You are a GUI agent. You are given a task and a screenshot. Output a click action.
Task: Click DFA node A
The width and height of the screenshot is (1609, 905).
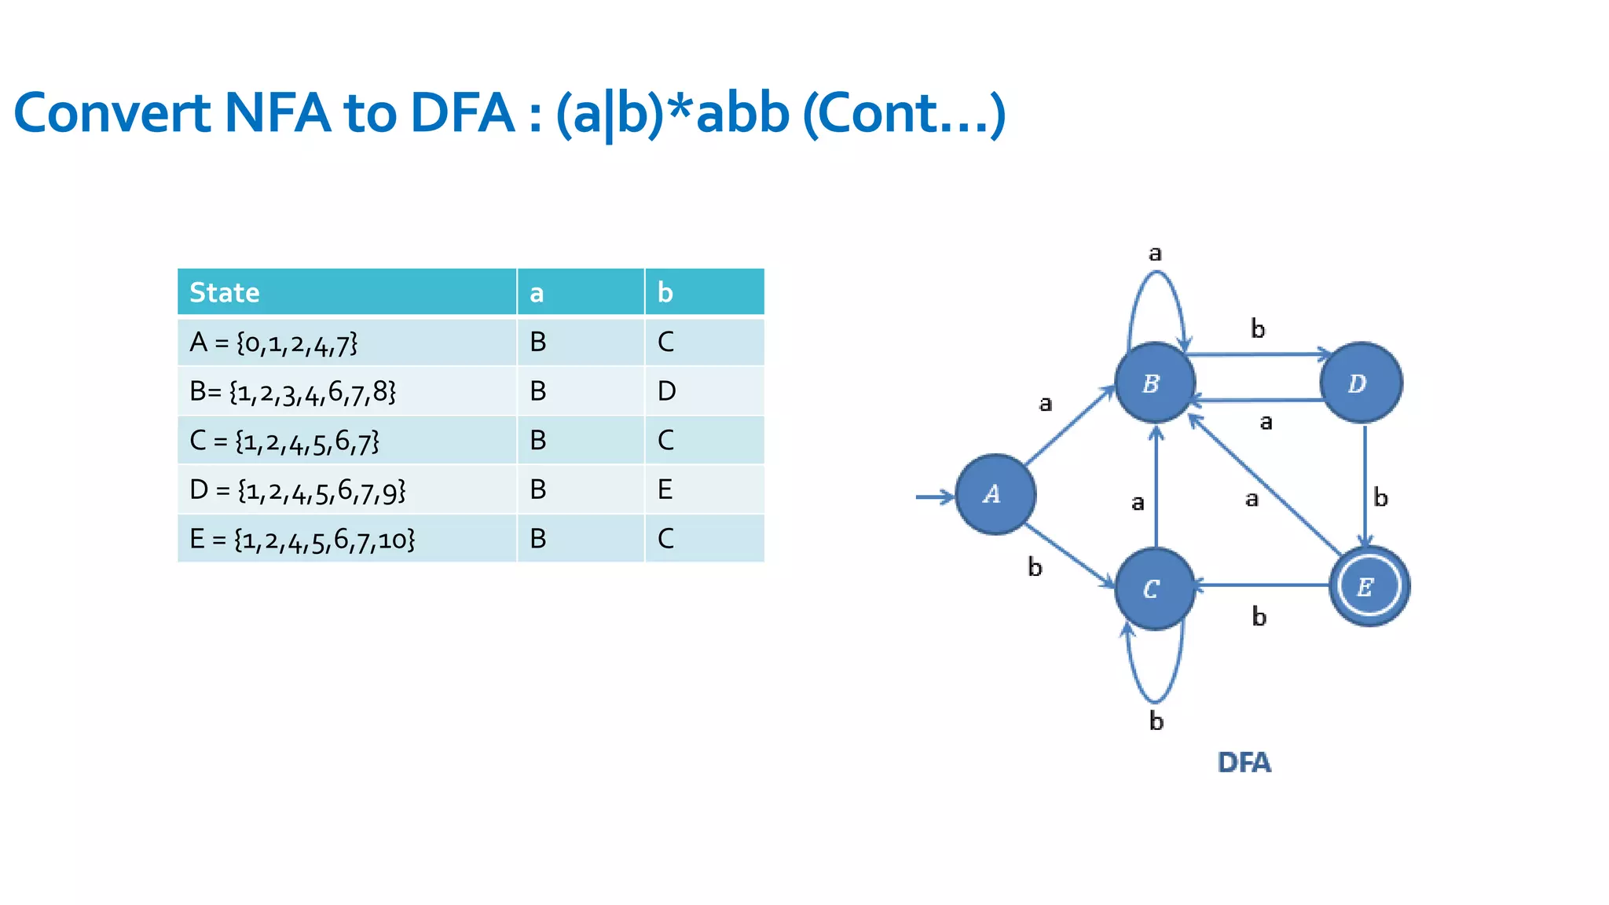click(995, 495)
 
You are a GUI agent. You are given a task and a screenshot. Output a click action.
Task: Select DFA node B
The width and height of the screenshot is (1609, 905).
click(1154, 383)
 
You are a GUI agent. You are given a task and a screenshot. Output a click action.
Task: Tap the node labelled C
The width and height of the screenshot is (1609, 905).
click(1154, 588)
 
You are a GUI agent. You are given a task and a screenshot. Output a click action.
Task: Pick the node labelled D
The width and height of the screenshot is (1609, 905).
click(1361, 383)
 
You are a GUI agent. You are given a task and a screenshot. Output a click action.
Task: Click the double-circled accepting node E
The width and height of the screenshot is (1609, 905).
click(1369, 586)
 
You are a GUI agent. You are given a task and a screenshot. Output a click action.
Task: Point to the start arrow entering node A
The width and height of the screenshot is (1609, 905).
click(934, 496)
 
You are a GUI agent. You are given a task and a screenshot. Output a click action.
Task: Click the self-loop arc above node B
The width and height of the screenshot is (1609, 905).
click(1156, 274)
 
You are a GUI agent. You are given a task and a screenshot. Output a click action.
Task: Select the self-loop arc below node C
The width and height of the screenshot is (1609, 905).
click(1155, 699)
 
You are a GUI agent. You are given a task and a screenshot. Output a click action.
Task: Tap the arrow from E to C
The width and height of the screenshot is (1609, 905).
click(1261, 585)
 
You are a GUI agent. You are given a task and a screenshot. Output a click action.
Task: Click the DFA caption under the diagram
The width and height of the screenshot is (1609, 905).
click(1244, 763)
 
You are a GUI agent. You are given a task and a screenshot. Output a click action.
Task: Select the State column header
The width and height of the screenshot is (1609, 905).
click(225, 292)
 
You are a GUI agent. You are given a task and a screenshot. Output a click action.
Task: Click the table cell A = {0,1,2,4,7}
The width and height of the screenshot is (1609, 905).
click(273, 343)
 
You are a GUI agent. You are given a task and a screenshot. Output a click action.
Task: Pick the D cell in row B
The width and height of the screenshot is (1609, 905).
click(666, 391)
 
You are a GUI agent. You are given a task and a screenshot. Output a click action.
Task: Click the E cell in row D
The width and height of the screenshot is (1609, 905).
click(665, 489)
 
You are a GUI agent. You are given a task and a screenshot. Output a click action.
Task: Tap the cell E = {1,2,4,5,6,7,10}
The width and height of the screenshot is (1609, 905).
click(302, 539)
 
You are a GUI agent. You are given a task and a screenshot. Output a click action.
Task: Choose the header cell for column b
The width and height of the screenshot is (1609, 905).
click(665, 292)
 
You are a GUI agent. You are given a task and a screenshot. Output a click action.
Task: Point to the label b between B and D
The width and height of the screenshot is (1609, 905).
click(1258, 329)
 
